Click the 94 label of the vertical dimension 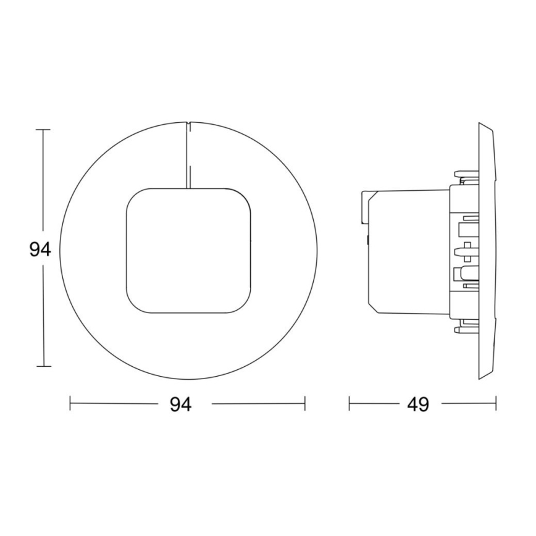click(x=40, y=249)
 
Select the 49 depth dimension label click(x=417, y=404)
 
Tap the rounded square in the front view click(x=189, y=249)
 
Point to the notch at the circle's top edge click(x=188, y=123)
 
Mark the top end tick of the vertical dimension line click(x=43, y=130)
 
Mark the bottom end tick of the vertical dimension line click(x=43, y=367)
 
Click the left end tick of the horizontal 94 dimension click(x=70, y=404)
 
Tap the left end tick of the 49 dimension click(x=350, y=404)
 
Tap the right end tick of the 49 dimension click(x=495, y=404)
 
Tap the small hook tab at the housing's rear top click(x=364, y=204)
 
